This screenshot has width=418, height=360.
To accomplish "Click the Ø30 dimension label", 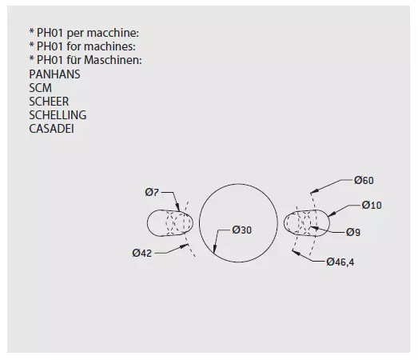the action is point(242,230).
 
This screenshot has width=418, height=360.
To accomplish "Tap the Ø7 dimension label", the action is point(152,192).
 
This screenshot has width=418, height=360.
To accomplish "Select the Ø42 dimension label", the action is point(141,253).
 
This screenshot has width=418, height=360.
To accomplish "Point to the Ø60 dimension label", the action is point(364,181).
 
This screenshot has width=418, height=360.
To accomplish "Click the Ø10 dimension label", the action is point(372,206).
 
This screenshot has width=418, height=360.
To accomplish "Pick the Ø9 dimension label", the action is point(353,233).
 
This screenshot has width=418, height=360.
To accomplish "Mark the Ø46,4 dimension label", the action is point(340,262).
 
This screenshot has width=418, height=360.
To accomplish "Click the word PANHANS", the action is point(54,74).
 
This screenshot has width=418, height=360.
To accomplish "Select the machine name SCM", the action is point(41,88).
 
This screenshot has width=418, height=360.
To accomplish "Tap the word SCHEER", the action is point(49,102).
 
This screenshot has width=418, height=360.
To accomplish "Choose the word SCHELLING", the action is point(58,115).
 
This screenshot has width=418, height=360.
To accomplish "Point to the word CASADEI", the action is point(51,129).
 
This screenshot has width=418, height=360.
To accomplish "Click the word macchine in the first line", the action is point(113,33).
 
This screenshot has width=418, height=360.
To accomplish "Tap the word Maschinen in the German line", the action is point(113,60).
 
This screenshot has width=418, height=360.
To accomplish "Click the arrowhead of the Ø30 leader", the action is point(214,249).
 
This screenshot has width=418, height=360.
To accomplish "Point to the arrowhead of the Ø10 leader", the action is point(331,214).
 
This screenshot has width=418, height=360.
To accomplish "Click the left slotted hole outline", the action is point(147,223).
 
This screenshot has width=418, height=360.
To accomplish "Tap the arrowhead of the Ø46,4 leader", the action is point(296,252).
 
